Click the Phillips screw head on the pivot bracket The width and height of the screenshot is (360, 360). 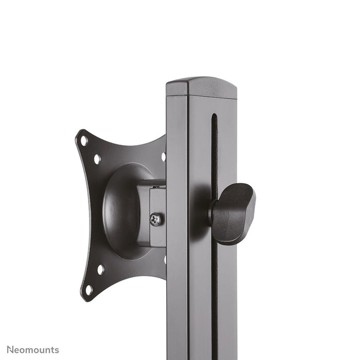pos(156,220)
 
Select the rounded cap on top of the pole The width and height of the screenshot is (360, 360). pos(201,86)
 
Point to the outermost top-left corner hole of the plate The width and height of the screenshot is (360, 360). pos(84,140)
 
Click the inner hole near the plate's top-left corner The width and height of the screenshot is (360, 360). pos(97,159)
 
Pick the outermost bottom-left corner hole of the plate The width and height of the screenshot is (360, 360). pos(88,290)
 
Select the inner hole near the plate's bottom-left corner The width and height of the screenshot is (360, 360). pos(101,269)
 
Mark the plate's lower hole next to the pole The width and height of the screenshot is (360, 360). pos(164,259)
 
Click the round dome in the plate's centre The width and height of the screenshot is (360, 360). pos(121,211)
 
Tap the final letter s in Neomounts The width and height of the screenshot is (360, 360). pos(57,350)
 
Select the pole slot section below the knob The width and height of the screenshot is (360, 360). pos(214,293)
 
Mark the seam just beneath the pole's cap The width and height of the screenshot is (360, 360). pos(201,97)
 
